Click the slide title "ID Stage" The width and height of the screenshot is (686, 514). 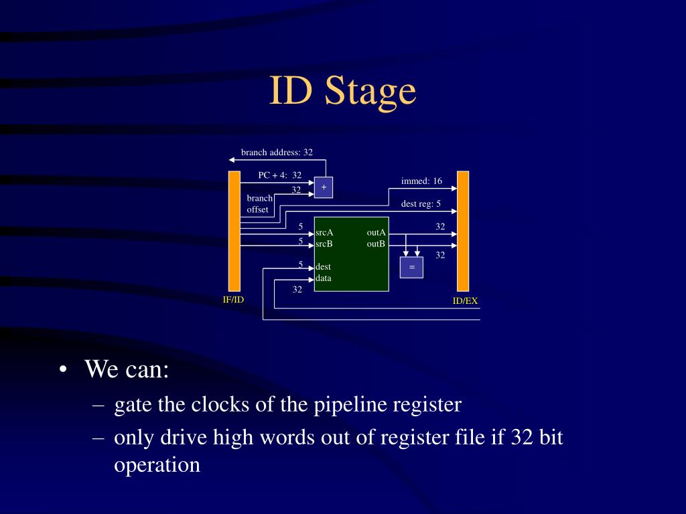click(342, 92)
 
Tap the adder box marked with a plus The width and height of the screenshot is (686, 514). click(324, 187)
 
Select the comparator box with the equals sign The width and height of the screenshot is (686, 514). click(411, 267)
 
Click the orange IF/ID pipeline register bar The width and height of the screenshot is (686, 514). click(234, 231)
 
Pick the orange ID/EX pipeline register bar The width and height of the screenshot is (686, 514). click(463, 231)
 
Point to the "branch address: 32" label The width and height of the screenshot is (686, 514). click(277, 153)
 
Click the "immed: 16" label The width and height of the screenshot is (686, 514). click(421, 181)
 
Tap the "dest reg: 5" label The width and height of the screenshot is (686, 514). click(421, 203)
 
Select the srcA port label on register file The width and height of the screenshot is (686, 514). click(325, 232)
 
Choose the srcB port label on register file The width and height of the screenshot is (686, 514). click(325, 244)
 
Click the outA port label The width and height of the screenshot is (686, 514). click(376, 232)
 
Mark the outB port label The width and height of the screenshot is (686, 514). click(376, 244)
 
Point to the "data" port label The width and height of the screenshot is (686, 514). click(324, 278)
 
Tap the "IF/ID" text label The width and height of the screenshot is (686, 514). click(234, 299)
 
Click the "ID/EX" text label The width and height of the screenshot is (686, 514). click(465, 301)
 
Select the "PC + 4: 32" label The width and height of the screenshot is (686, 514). click(279, 175)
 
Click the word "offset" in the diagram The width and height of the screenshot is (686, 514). click(258, 209)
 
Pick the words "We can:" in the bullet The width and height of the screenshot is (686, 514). click(127, 369)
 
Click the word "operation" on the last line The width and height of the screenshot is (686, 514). click(157, 464)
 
